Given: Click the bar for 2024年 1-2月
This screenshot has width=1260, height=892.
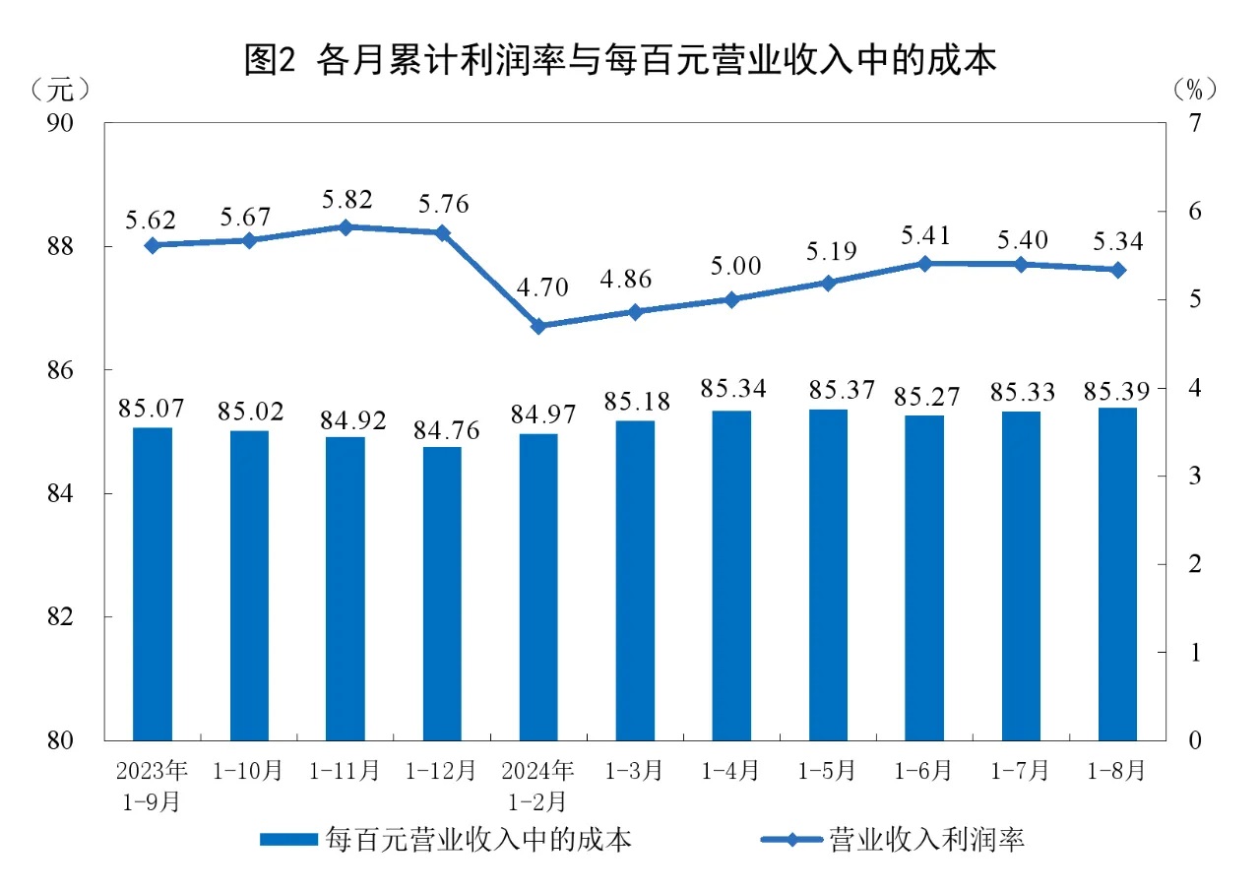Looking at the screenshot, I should [538, 586].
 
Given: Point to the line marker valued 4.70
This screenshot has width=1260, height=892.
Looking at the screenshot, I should [538, 326].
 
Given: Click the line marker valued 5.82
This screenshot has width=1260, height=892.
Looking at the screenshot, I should [346, 226].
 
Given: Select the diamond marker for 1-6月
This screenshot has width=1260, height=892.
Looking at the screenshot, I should [924, 263].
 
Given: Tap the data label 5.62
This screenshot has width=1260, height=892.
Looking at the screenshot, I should [152, 218].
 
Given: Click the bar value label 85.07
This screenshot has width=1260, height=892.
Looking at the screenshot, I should [152, 407].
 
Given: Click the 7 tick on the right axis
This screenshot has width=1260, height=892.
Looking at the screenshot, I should [1194, 123].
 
